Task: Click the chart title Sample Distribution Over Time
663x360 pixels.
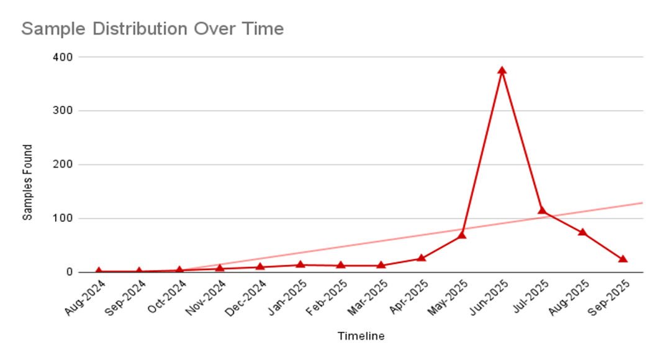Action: coord(153,29)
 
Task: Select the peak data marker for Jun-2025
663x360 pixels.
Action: coord(502,71)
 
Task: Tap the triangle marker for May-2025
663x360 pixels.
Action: coord(462,235)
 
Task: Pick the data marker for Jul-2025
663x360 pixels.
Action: coord(542,210)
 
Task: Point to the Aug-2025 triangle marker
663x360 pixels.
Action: coord(582,232)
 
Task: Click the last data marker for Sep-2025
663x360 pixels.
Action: coord(623,259)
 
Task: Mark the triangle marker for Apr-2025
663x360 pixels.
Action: coord(422,258)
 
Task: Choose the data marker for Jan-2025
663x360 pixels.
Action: coord(300,265)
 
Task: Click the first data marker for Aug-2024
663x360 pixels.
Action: coord(99,271)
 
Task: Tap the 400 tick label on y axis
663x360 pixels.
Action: coord(65,57)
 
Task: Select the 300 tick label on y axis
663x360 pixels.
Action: coord(65,110)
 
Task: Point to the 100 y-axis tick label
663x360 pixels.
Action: coord(65,218)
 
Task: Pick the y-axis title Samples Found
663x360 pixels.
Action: coord(27,182)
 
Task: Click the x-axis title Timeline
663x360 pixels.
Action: coord(361,336)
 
